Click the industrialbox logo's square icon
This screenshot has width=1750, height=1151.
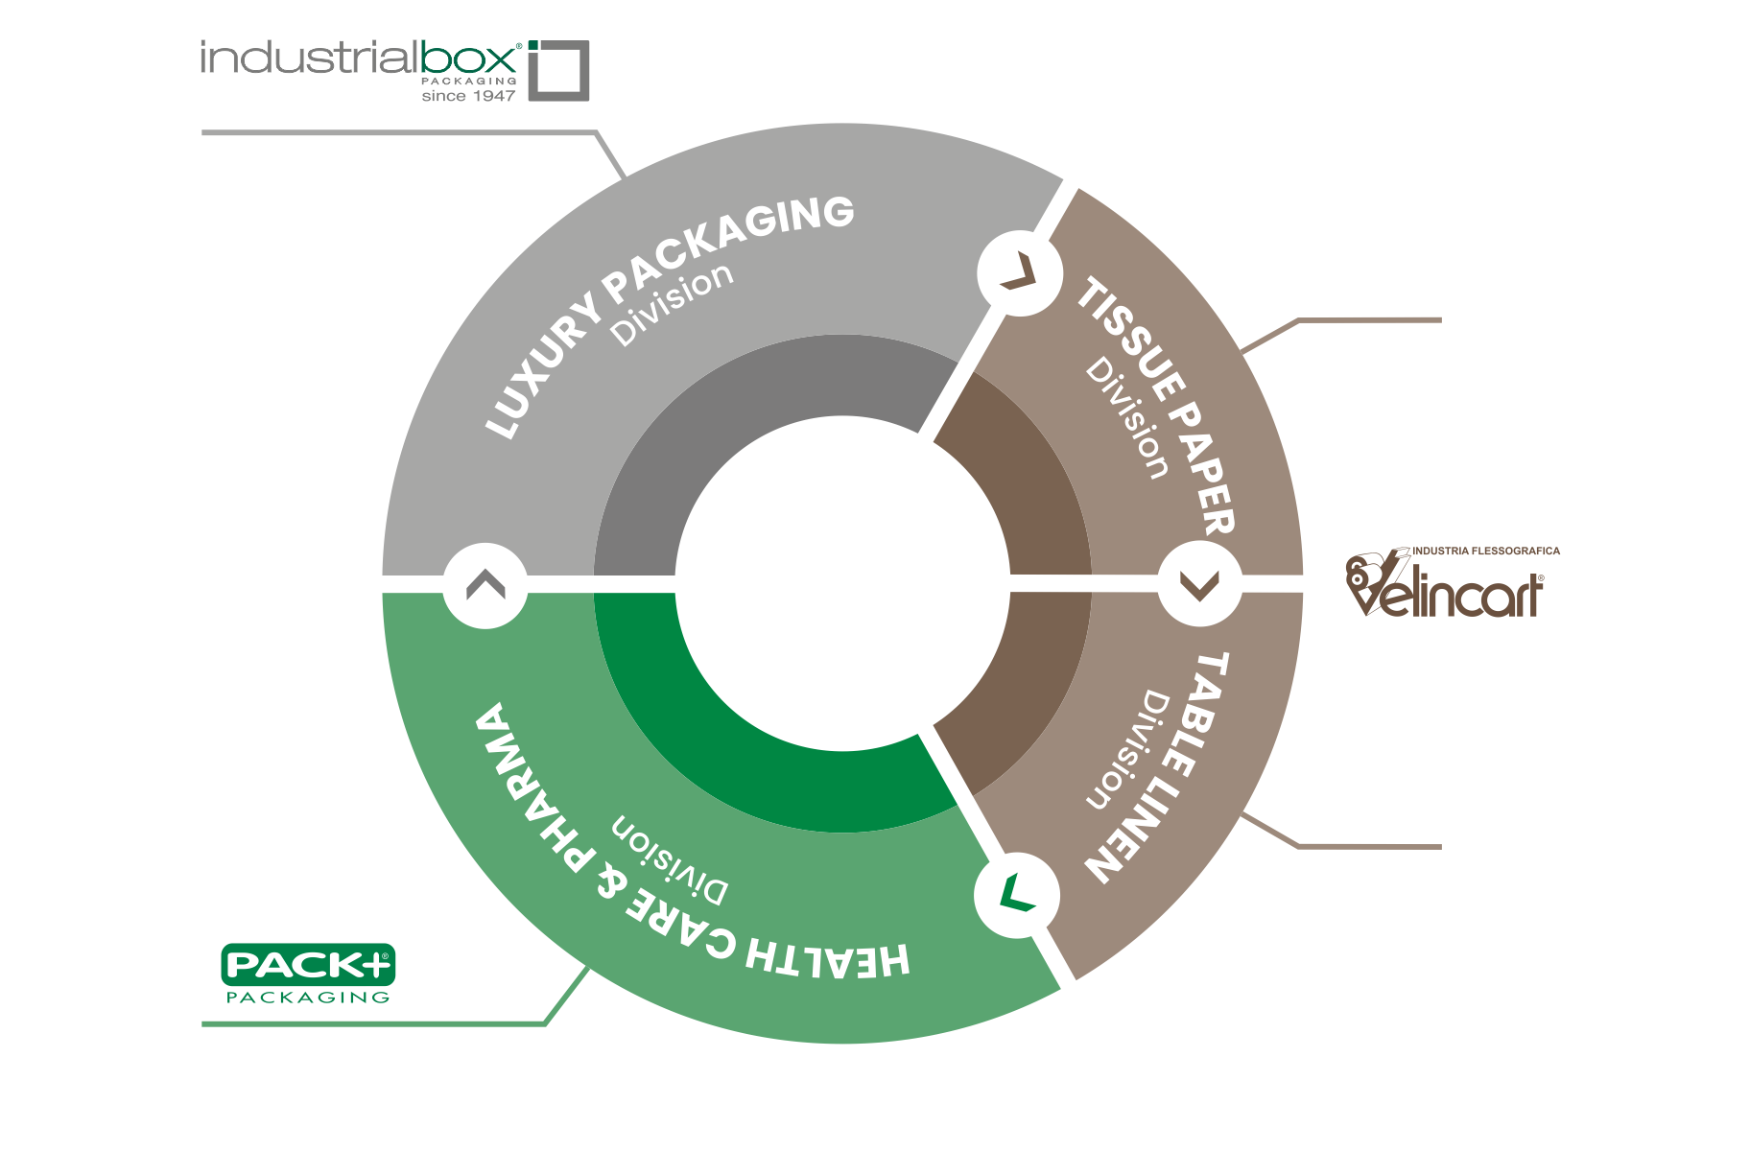click(559, 70)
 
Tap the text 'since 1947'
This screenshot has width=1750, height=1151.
click(468, 96)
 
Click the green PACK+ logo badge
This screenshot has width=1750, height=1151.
click(308, 964)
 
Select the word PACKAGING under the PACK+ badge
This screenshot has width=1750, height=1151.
click(308, 998)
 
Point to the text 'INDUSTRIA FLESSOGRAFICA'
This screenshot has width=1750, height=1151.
click(1486, 552)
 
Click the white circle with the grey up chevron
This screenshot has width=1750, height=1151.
click(485, 585)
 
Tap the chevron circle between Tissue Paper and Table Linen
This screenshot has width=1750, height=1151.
click(1199, 584)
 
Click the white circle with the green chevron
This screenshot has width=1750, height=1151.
click(1017, 895)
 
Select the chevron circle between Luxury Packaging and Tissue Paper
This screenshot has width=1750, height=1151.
click(1019, 272)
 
